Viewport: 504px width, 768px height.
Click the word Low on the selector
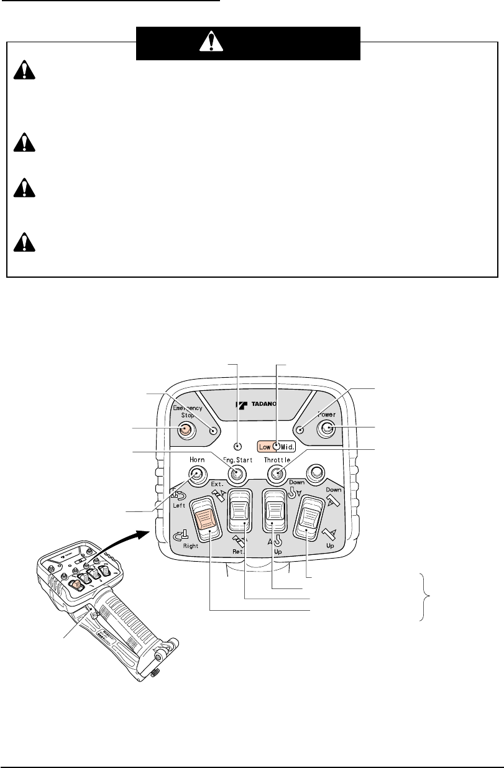click(263, 446)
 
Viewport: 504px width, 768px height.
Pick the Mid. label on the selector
click(286, 446)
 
